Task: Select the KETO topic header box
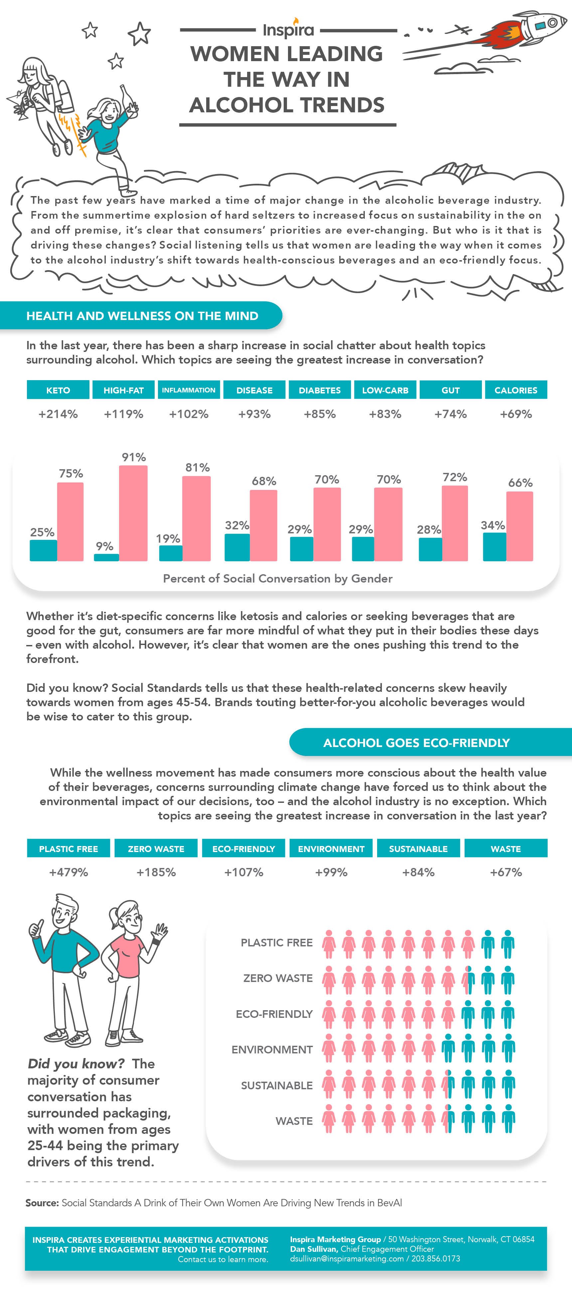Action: (x=58, y=390)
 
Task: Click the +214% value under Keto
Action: (x=58, y=414)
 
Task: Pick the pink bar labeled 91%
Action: (x=133, y=513)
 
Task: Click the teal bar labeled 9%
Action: (x=106, y=557)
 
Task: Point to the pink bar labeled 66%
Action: (x=519, y=526)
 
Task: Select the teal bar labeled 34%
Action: (x=494, y=547)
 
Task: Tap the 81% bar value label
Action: (x=197, y=468)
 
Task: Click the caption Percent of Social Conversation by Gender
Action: (x=277, y=578)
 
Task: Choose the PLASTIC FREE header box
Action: (x=69, y=849)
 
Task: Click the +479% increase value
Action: (x=69, y=872)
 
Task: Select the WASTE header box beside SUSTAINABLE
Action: (x=506, y=849)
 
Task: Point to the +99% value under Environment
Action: (x=331, y=872)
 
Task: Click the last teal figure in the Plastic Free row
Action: (x=508, y=944)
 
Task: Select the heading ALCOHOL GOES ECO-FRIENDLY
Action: (x=416, y=743)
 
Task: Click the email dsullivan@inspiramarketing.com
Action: (x=347, y=1258)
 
